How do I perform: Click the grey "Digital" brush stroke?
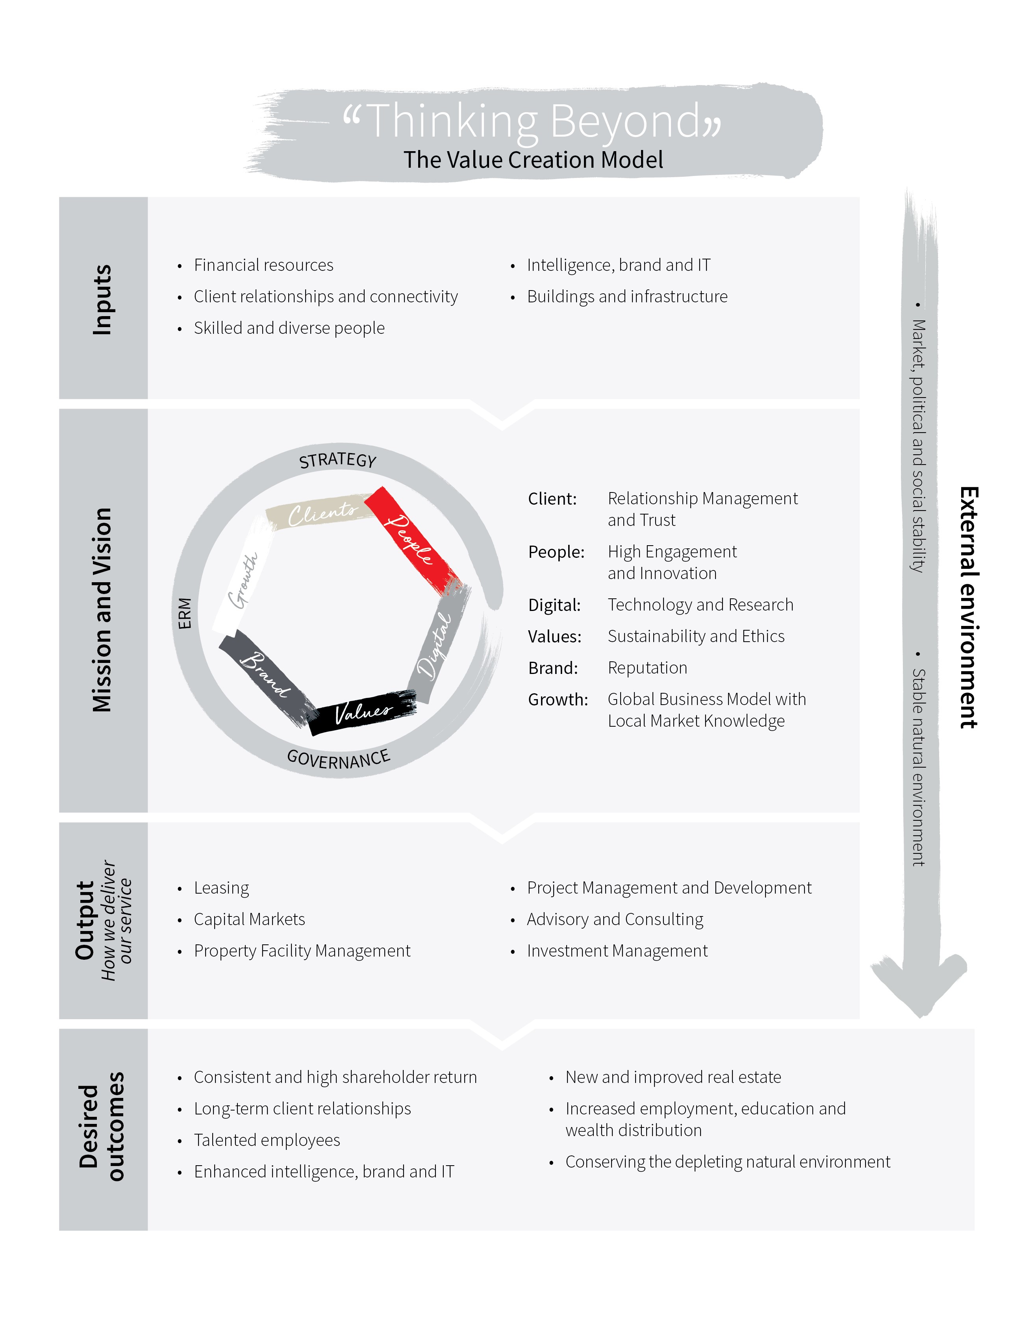[438, 645]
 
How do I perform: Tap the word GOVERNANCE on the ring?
[338, 759]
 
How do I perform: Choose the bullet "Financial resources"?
[263, 265]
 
